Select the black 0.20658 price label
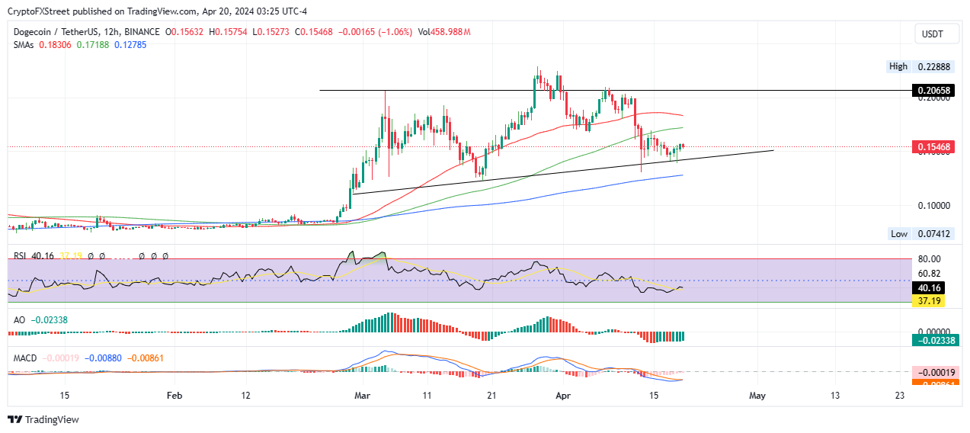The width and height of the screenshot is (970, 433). pos(935,91)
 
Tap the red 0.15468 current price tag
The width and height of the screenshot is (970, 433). pos(935,146)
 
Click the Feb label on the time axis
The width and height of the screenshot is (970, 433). pos(174,396)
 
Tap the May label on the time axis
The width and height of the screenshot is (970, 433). pos(757,396)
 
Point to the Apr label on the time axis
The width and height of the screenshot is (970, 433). pos(562,396)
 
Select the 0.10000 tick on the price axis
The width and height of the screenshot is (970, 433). pos(933,206)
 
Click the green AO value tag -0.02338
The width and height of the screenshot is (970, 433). pos(934,341)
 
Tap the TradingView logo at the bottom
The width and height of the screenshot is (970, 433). pos(43,419)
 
